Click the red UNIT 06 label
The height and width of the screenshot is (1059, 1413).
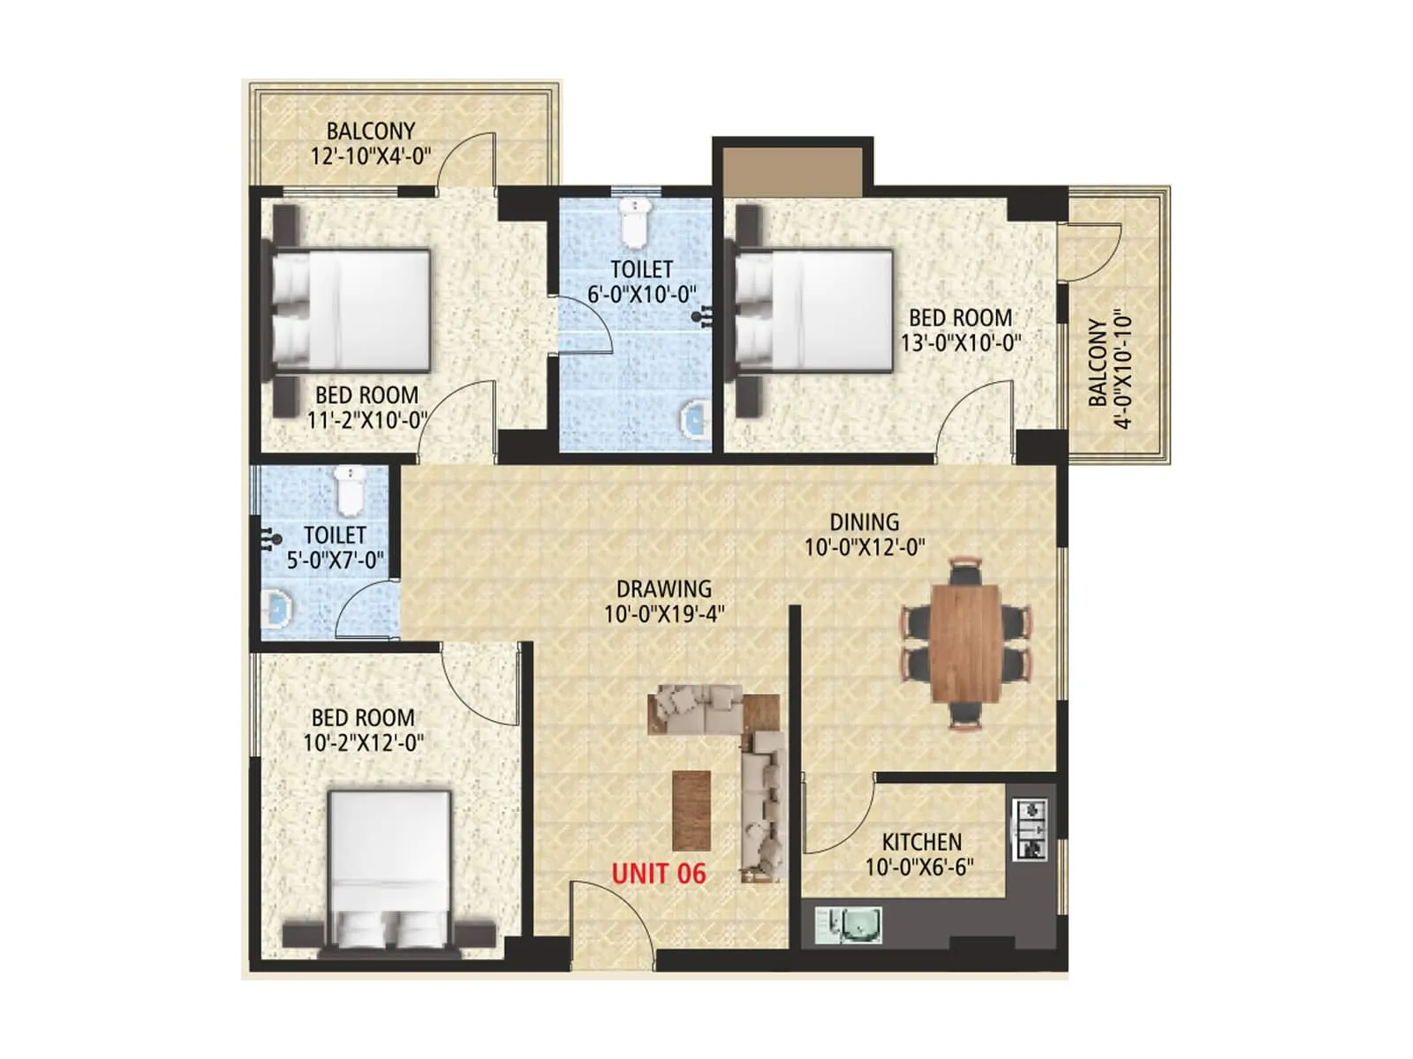pos(659,874)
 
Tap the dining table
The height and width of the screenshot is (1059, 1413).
pos(965,642)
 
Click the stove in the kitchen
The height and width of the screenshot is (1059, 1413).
pos(1031,830)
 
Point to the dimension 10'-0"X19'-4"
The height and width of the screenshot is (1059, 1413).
pos(664,613)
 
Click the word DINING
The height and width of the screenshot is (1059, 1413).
pos(864,522)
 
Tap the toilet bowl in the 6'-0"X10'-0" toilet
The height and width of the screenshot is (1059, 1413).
pos(634,222)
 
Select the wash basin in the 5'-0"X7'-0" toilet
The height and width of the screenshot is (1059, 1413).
pos(278,609)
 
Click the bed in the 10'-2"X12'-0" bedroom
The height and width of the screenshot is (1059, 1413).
pos(389,869)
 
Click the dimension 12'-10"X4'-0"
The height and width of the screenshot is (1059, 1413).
pos(371,156)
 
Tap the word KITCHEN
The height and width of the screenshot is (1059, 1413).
pos(921,842)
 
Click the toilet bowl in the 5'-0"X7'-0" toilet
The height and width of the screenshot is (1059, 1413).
pos(351,491)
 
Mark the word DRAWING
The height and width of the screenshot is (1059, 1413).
pos(664,589)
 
